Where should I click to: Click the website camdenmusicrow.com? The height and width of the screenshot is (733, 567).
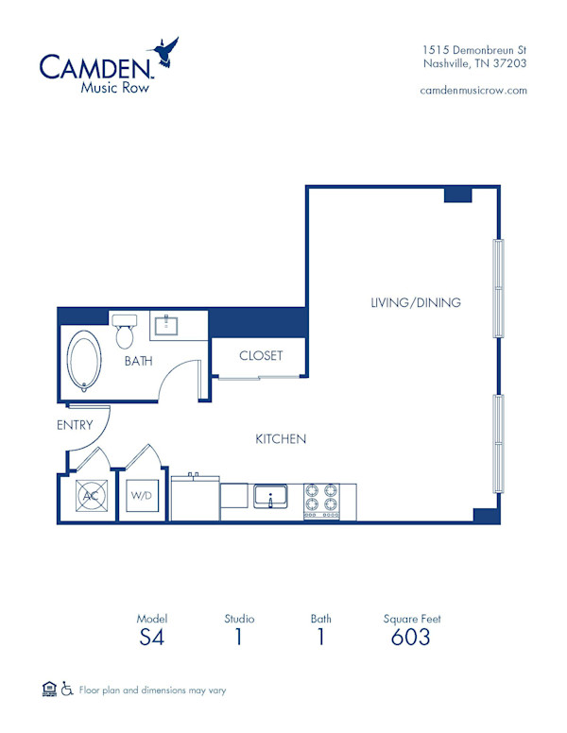(472, 90)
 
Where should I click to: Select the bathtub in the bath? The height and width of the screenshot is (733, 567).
(83, 361)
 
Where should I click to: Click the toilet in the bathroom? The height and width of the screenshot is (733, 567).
(125, 332)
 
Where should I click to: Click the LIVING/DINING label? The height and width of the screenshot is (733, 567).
(415, 303)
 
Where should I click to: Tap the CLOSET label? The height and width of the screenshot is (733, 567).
(261, 356)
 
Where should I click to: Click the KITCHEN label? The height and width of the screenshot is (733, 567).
(281, 439)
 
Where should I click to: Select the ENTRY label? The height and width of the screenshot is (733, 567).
(75, 425)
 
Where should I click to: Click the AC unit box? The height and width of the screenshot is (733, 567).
(92, 496)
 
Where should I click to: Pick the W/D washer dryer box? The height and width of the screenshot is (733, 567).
(141, 496)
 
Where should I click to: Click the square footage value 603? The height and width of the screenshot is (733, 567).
(411, 638)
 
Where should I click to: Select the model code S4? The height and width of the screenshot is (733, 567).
(150, 638)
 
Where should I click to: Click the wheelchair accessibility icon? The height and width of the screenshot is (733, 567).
(67, 690)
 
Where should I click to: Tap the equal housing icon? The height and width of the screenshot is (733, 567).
(49, 690)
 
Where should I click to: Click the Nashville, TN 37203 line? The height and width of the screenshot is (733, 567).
(474, 63)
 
